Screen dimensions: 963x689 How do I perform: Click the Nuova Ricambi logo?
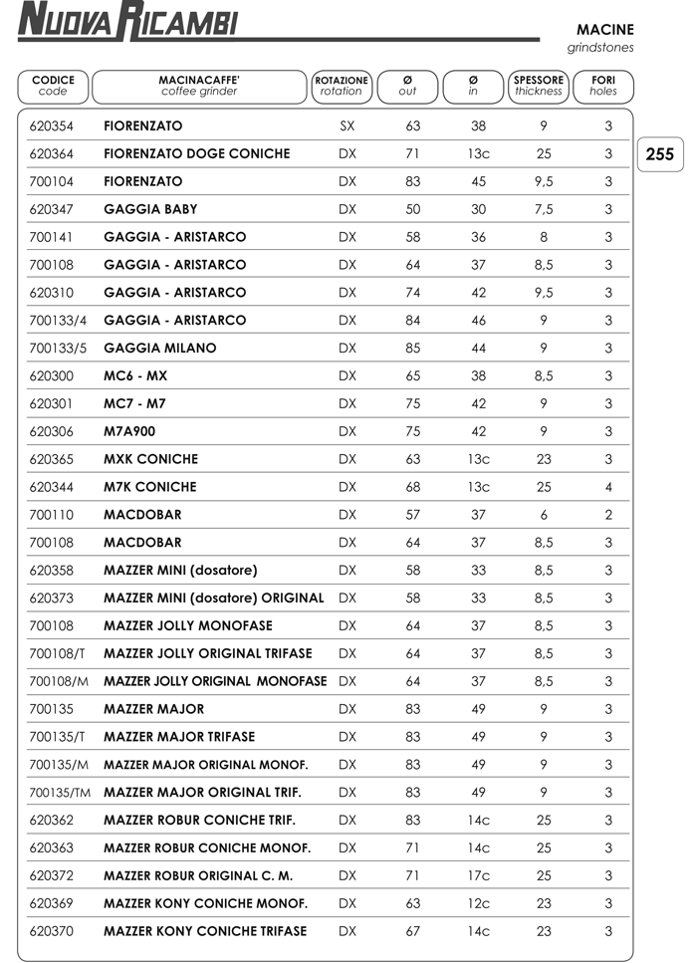tap(127, 21)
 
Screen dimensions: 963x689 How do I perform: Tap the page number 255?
tap(659, 154)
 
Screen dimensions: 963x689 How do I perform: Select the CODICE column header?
tap(53, 86)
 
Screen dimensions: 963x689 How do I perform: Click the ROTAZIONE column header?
tap(342, 86)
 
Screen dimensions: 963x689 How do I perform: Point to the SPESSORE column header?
tap(539, 86)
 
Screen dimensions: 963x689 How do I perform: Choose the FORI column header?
tap(603, 86)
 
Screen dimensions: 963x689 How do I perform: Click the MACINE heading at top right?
tap(604, 30)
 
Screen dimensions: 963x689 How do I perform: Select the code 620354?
tap(51, 126)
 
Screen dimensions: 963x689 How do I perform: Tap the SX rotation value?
tap(346, 126)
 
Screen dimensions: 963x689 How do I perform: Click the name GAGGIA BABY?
tap(150, 209)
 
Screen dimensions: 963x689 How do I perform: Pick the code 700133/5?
tap(59, 349)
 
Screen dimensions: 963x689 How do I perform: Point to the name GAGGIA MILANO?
tap(159, 349)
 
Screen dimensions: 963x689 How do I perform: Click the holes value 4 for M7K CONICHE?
tap(608, 487)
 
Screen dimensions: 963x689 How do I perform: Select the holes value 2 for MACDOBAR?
tap(608, 515)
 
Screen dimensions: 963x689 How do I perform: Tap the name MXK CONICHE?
tap(150, 459)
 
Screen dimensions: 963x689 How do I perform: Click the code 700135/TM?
tap(61, 793)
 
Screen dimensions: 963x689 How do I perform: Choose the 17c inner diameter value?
tap(478, 876)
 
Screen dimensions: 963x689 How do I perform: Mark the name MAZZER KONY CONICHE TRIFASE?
tap(205, 931)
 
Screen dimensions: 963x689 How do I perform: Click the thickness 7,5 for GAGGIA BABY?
tap(544, 209)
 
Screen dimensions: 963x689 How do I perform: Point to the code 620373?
tap(51, 599)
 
